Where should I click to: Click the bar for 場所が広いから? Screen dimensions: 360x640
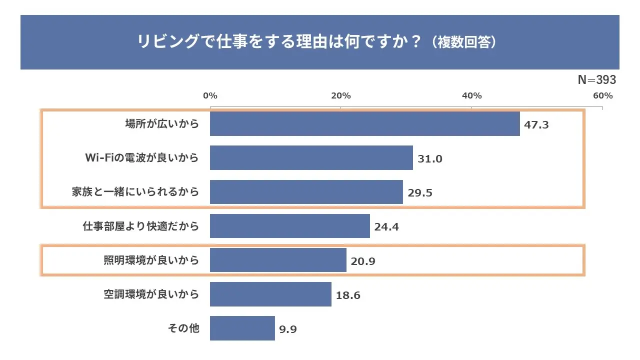(365, 124)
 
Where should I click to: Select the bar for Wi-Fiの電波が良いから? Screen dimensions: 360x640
(311, 158)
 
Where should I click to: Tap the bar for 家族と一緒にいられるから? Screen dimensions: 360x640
(306, 192)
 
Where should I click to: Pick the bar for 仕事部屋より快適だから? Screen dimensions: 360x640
(290, 226)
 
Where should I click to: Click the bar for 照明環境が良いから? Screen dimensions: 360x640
(278, 260)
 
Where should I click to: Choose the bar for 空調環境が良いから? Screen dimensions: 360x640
(270, 294)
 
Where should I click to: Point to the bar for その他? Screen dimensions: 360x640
(242, 328)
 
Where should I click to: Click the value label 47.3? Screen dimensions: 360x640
(536, 125)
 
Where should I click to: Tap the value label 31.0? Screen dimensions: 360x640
(430, 159)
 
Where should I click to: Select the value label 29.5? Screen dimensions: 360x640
(420, 193)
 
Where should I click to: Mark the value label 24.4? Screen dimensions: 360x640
(386, 227)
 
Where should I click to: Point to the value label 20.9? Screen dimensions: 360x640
(363, 261)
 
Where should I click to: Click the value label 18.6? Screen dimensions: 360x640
(348, 295)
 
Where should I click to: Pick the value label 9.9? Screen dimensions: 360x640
(289, 329)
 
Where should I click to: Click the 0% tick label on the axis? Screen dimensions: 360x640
(210, 95)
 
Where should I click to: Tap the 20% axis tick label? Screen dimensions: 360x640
(341, 95)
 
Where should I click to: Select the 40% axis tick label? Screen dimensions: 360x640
(471, 95)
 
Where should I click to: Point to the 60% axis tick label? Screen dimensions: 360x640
(602, 95)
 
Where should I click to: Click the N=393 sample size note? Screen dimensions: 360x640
(597, 80)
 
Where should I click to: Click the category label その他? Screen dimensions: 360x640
(183, 328)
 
